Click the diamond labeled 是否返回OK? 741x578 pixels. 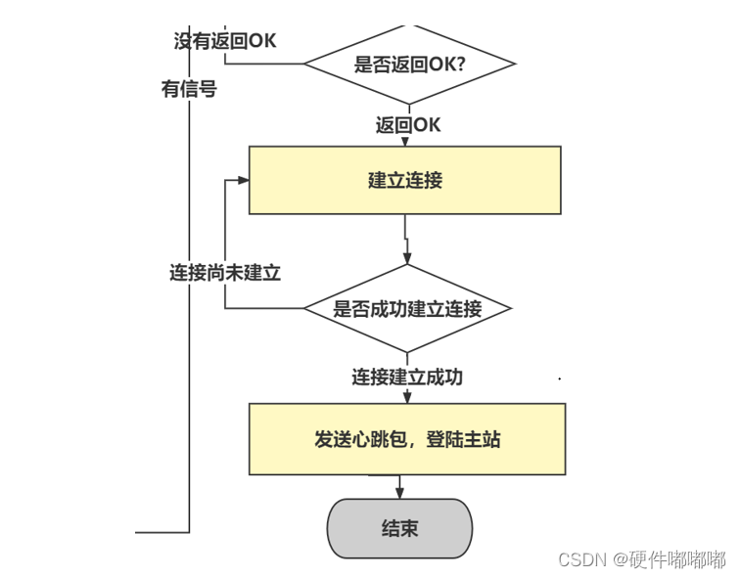(x=409, y=65)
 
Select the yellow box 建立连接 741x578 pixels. (x=404, y=180)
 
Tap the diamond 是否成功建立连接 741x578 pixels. (x=407, y=309)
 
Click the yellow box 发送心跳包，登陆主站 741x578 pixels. (x=407, y=439)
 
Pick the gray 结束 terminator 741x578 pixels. (x=399, y=529)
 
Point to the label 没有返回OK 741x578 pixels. (x=225, y=40)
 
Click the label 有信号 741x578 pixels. (x=189, y=89)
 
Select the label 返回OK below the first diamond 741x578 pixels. (x=408, y=125)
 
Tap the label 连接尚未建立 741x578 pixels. (x=225, y=273)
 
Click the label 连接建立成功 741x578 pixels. (x=407, y=377)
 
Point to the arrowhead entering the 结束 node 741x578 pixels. (x=399, y=493)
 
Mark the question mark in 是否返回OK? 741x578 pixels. (x=459, y=65)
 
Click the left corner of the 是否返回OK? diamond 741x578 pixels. (x=305, y=65)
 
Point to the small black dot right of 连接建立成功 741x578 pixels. (x=560, y=378)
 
